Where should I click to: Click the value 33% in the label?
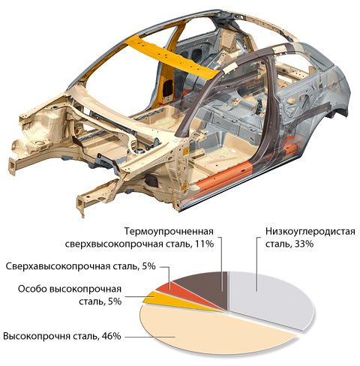(x=304, y=244)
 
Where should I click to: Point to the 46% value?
(x=111, y=336)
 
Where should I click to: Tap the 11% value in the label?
(x=204, y=244)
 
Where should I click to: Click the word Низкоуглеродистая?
(x=310, y=232)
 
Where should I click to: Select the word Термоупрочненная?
(x=169, y=232)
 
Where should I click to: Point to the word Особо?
(x=32, y=289)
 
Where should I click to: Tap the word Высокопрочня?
(x=37, y=337)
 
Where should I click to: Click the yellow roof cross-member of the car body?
(x=172, y=58)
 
